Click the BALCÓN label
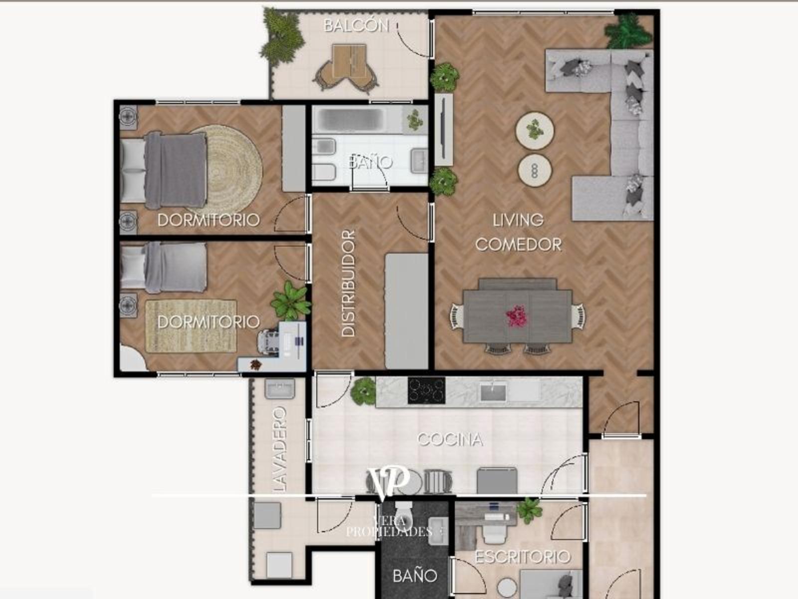tap(356, 25)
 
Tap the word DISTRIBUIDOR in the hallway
tap(348, 283)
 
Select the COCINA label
tap(450, 440)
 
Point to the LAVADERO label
tap(279, 449)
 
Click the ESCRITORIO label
tap(523, 557)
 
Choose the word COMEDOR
tap(518, 245)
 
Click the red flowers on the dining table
tap(517, 316)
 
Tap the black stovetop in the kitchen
tap(426, 391)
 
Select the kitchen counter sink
tap(493, 392)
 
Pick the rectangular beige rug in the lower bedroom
tap(191, 326)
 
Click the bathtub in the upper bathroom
tap(351, 120)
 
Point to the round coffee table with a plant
tap(535, 130)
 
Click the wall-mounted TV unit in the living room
tap(443, 130)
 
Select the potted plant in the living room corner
tap(628, 31)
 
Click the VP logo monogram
tap(388, 482)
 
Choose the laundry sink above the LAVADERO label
tap(280, 388)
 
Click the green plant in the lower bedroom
tap(291, 301)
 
